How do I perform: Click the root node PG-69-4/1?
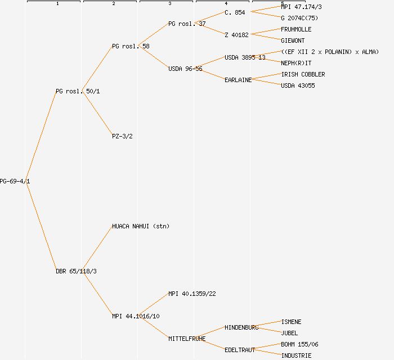(x=15, y=181)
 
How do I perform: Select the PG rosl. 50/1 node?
(x=78, y=91)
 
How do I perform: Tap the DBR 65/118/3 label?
(x=76, y=271)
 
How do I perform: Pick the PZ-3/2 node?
(x=122, y=136)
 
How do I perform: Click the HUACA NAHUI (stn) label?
(x=141, y=226)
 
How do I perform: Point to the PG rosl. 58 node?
(x=131, y=46)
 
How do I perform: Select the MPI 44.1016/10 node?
(x=136, y=316)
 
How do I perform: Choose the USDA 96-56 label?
(x=185, y=69)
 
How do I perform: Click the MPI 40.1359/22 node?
(x=192, y=294)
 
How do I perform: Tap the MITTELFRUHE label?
(x=187, y=339)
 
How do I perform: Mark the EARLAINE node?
(x=238, y=80)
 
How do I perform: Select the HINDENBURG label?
(x=241, y=327)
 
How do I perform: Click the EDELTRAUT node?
(x=240, y=350)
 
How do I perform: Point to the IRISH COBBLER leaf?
(x=303, y=74)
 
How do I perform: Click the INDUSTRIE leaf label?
(x=296, y=355)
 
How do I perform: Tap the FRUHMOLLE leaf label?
(x=296, y=29)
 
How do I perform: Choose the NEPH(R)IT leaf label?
(x=296, y=63)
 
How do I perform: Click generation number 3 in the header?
(x=169, y=4)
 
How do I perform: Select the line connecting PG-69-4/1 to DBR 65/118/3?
(x=41, y=226)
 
